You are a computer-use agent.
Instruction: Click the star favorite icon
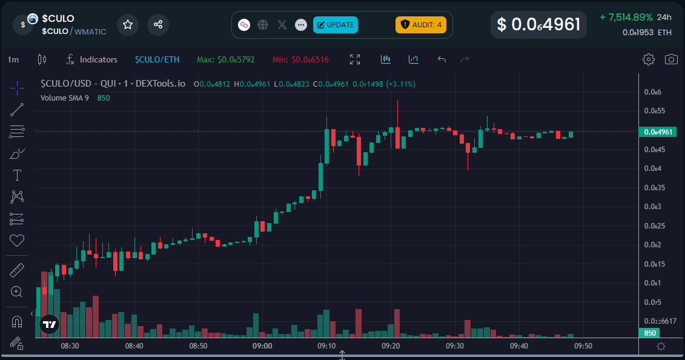coord(128,25)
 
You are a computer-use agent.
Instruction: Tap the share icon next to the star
coord(158,25)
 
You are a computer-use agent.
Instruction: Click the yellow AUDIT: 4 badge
coord(421,25)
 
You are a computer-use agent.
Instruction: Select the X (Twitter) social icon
coord(282,25)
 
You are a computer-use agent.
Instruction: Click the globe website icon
coord(263,25)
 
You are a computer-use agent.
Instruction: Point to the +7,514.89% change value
coord(626,17)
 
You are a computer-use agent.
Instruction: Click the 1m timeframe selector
coord(13,59)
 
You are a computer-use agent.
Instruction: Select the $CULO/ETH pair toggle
coord(157,59)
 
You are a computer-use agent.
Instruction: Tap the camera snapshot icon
coord(671,59)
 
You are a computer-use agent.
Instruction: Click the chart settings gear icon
coord(649,59)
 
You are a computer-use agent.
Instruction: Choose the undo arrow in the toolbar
coord(442,59)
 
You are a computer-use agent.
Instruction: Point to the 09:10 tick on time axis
coord(326,346)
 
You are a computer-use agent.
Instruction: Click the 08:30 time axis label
coord(70,346)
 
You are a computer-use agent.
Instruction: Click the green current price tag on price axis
coord(658,132)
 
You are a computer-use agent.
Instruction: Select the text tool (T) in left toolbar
coord(17,176)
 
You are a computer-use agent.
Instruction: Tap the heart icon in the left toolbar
coord(17,241)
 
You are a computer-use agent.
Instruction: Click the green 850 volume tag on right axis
coord(650,333)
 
